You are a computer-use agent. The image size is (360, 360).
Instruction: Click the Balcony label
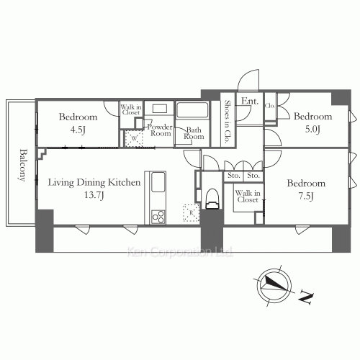coord(24,166)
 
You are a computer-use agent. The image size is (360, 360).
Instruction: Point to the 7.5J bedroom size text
coord(306,196)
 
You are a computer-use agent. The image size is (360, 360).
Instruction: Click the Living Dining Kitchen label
coord(94,183)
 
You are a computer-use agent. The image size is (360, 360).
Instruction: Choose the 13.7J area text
coord(94,195)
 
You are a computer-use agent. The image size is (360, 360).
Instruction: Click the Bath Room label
coord(194,134)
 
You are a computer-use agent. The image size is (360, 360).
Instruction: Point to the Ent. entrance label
coord(250,102)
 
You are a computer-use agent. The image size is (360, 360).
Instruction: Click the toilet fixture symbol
coord(212,199)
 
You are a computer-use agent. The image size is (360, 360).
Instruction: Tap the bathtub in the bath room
coord(192,112)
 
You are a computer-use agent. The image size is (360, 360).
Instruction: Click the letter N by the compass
coord(306,295)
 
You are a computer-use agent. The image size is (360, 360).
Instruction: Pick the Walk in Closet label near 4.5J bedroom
coord(130,109)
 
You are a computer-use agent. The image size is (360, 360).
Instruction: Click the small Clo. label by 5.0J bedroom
coord(270,106)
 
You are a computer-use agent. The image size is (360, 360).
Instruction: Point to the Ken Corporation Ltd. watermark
coord(180,252)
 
